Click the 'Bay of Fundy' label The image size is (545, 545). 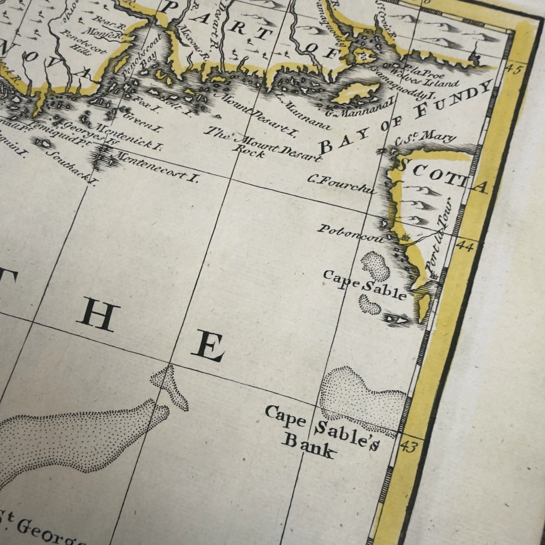(x=405, y=117)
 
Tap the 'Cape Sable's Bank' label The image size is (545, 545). (x=321, y=432)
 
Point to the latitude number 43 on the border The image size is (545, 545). (x=409, y=447)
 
